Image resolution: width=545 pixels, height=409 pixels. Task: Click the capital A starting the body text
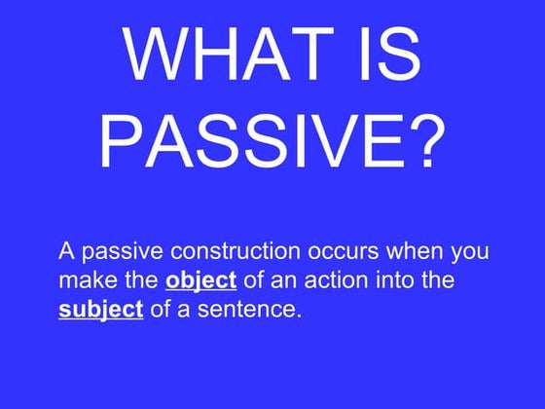pos(66,251)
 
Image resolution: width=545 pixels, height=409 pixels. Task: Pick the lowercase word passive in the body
pos(115,251)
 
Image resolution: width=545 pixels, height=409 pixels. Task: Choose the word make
pos(85,280)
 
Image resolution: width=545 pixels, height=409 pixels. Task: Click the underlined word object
pos(201,281)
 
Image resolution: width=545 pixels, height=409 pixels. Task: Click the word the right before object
pos(140,280)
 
